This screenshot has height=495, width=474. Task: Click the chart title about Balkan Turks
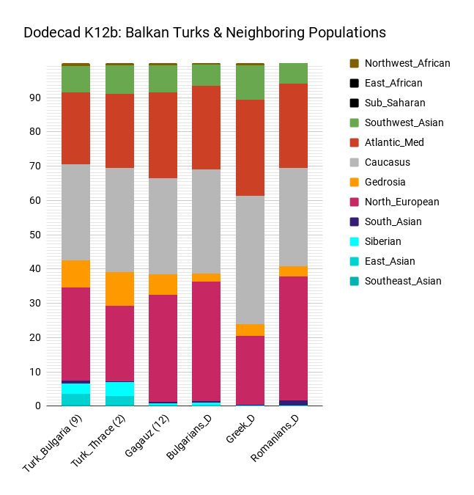[x=204, y=33]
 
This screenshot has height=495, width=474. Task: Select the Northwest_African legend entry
[x=407, y=63]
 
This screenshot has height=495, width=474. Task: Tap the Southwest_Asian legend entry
[x=404, y=122]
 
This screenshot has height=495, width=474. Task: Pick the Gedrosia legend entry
[x=385, y=182]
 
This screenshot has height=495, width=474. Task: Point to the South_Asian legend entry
[x=393, y=221]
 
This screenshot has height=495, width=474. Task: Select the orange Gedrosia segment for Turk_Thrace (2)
[x=119, y=289]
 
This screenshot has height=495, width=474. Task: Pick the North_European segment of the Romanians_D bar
[x=293, y=338]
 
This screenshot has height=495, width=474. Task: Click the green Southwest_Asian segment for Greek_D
[x=250, y=83]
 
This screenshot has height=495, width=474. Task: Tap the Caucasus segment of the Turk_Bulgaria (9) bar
[x=76, y=213]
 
